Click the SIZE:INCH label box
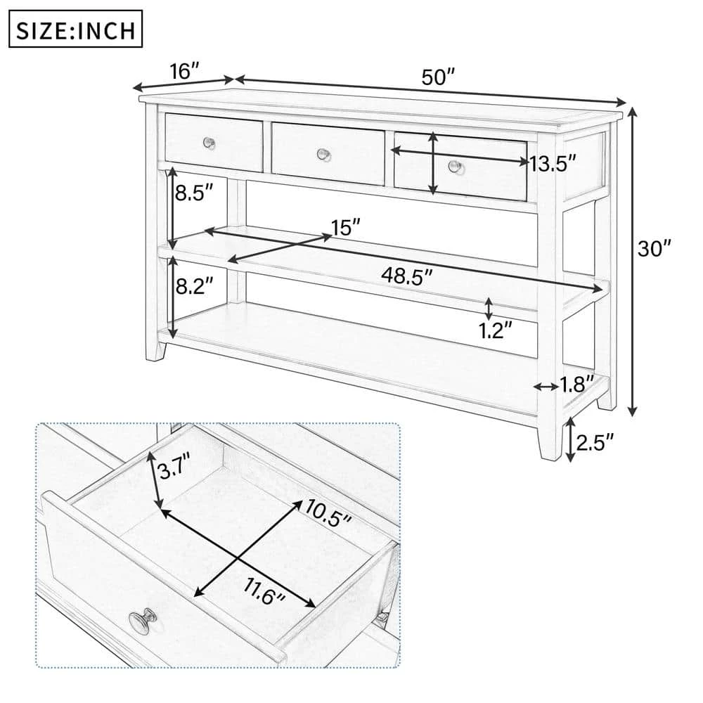point(76,32)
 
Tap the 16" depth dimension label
point(185,71)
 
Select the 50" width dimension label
point(439,77)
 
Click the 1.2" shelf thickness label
point(496,330)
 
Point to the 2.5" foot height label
point(595,441)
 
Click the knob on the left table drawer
point(209,143)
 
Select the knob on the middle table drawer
point(323,153)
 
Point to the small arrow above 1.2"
point(489,307)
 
